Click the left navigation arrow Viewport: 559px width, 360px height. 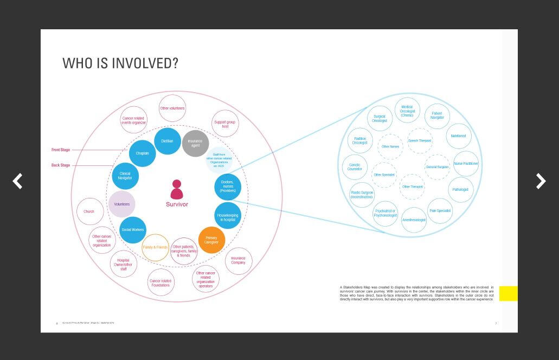point(18,181)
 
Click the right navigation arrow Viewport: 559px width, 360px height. point(541,181)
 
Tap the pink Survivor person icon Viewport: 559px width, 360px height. point(176,190)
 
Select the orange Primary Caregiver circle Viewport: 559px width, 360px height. point(211,240)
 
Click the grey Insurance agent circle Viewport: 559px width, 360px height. point(195,143)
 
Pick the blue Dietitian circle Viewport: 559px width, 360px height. point(168,141)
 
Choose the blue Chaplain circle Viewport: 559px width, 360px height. point(142,153)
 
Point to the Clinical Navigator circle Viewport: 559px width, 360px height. point(125,176)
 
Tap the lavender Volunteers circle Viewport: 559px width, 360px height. point(122,204)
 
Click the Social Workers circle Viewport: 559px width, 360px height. point(133,230)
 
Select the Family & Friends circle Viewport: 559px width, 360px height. point(155,247)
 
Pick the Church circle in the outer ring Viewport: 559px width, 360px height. point(89,211)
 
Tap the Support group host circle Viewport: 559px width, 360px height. point(225,124)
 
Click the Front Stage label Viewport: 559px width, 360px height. point(61,150)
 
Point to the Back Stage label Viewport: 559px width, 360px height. point(61,165)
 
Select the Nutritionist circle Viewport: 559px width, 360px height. point(459,136)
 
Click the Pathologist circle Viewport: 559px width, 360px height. point(460,190)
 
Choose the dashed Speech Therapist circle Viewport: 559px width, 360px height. point(420,141)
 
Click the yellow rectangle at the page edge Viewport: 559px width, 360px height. point(508,293)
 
